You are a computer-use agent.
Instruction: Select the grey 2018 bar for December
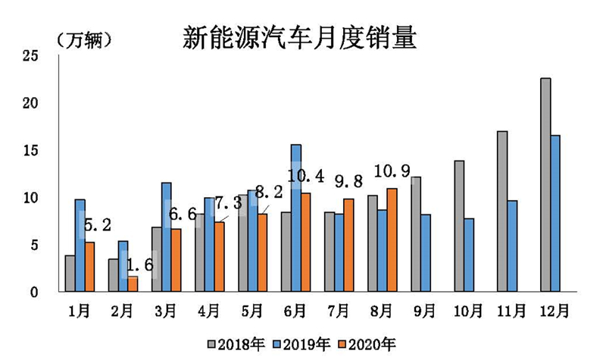[545, 185]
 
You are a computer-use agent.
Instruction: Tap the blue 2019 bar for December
[555, 213]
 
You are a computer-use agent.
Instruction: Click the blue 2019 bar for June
[295, 218]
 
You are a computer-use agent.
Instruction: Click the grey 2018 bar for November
[502, 211]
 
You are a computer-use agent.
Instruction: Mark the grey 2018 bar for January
[70, 274]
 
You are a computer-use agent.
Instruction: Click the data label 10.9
[392, 172]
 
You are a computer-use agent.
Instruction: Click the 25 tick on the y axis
[30, 55]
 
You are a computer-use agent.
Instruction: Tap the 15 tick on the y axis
[30, 150]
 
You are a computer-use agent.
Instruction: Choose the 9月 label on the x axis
[425, 311]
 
